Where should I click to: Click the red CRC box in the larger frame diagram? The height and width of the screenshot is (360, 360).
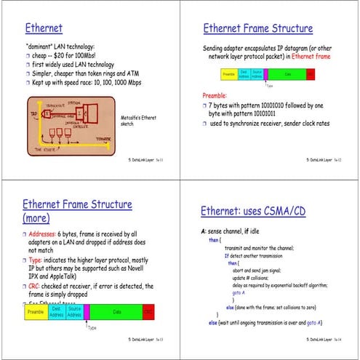point(148,312)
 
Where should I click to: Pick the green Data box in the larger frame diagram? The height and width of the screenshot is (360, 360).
point(116,312)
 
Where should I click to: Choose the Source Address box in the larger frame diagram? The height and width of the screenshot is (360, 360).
point(74,312)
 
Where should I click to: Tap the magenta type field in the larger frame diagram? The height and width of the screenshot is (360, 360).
point(87,312)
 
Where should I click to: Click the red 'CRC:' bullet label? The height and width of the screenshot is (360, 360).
point(36,286)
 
